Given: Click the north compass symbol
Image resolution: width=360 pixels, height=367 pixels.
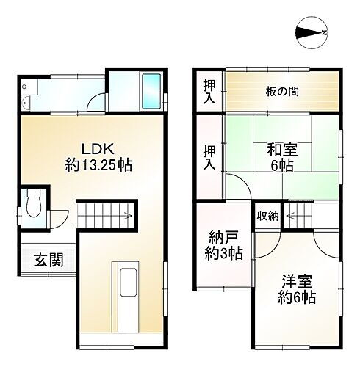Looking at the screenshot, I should coord(312,32).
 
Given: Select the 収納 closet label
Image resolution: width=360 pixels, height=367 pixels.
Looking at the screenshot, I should coord(267,215).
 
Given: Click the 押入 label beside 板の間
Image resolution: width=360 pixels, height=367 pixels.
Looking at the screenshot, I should coord(209,92).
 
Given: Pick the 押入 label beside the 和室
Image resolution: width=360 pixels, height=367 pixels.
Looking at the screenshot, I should coord(209,157).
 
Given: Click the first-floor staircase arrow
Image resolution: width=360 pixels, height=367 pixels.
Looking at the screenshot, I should coord(107,215).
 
